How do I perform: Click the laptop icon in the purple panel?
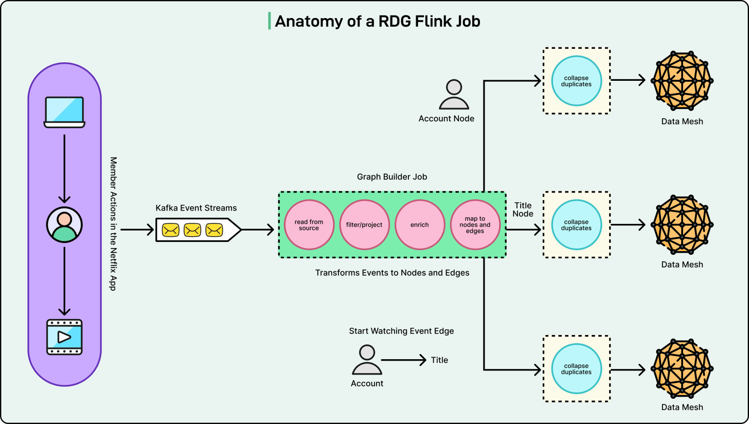coord(64,111)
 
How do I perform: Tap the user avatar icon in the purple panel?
coord(64,225)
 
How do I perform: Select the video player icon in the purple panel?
coord(64,337)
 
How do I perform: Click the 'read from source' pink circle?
coord(309,225)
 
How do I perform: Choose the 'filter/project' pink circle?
coord(364,225)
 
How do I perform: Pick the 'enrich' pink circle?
coord(419,225)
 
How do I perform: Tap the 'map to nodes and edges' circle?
coord(475,225)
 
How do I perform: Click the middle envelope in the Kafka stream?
coord(192,230)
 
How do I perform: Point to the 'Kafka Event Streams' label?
coord(196,208)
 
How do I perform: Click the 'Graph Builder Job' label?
coord(392,176)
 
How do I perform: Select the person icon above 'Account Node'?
coord(454,95)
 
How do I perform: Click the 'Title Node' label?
coord(523,209)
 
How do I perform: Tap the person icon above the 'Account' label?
coord(367,360)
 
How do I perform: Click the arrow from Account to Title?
coord(404,360)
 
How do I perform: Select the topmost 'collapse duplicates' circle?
coord(576,81)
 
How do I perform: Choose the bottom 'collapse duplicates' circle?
coord(576,368)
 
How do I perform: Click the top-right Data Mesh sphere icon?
coord(682,81)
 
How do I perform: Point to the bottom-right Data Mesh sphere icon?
coord(682,368)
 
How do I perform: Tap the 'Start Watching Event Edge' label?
coord(401,331)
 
